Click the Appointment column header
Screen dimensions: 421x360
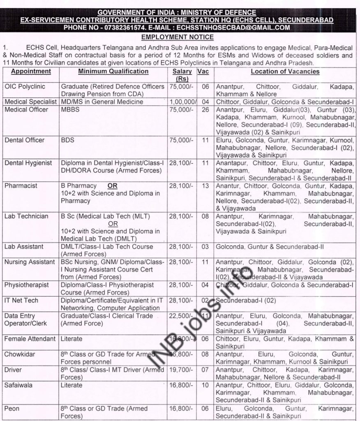coord(31,72)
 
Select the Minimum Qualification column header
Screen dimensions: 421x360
coord(113,72)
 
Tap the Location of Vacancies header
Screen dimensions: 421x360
coord(285,72)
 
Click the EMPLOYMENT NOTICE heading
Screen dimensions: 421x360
coord(180,37)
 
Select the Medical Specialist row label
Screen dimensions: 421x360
coord(30,102)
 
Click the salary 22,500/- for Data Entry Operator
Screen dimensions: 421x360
coord(180,316)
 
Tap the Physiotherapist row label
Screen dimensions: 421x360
coord(27,285)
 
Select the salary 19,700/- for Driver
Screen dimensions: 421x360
coord(180,370)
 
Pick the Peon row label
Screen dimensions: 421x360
coord(13,408)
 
